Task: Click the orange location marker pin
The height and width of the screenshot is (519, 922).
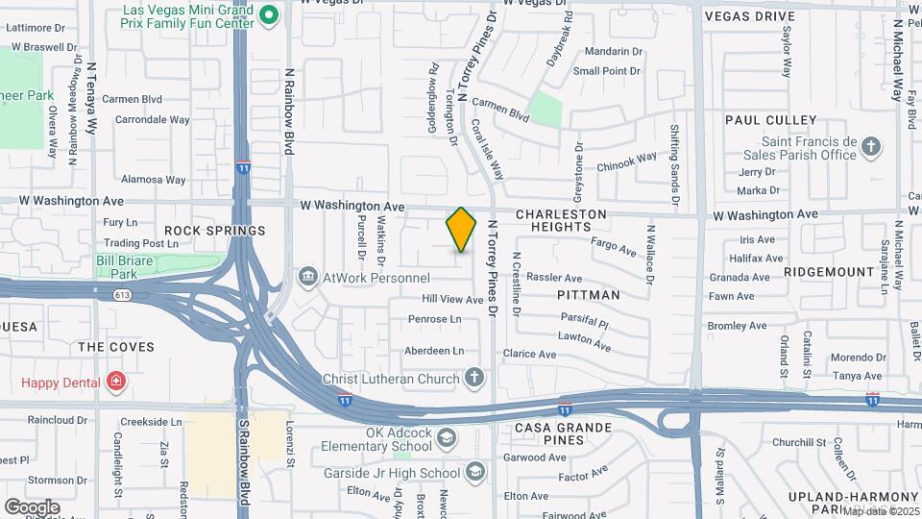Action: pyautogui.click(x=461, y=229)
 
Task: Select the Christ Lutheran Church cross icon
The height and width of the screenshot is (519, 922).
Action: pyautogui.click(x=473, y=378)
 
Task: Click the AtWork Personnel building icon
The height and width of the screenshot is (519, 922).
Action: pyautogui.click(x=308, y=277)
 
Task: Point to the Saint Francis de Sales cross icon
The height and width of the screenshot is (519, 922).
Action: pyautogui.click(x=870, y=147)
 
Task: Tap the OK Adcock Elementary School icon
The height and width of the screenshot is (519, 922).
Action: pyautogui.click(x=446, y=439)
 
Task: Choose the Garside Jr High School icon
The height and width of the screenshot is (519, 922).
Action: pyautogui.click(x=474, y=471)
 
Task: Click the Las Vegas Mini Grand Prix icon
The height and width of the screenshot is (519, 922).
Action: pyautogui.click(x=270, y=14)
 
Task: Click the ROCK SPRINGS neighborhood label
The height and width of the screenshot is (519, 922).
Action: pyautogui.click(x=214, y=231)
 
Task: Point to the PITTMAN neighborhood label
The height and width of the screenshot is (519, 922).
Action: pyautogui.click(x=589, y=295)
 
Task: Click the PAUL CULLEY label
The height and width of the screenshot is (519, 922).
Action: pyautogui.click(x=770, y=120)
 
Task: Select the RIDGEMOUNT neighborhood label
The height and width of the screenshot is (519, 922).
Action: pyautogui.click(x=828, y=272)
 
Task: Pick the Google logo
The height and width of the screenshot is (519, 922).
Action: pyautogui.click(x=32, y=507)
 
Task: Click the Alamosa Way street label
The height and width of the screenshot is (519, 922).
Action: pyautogui.click(x=153, y=179)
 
